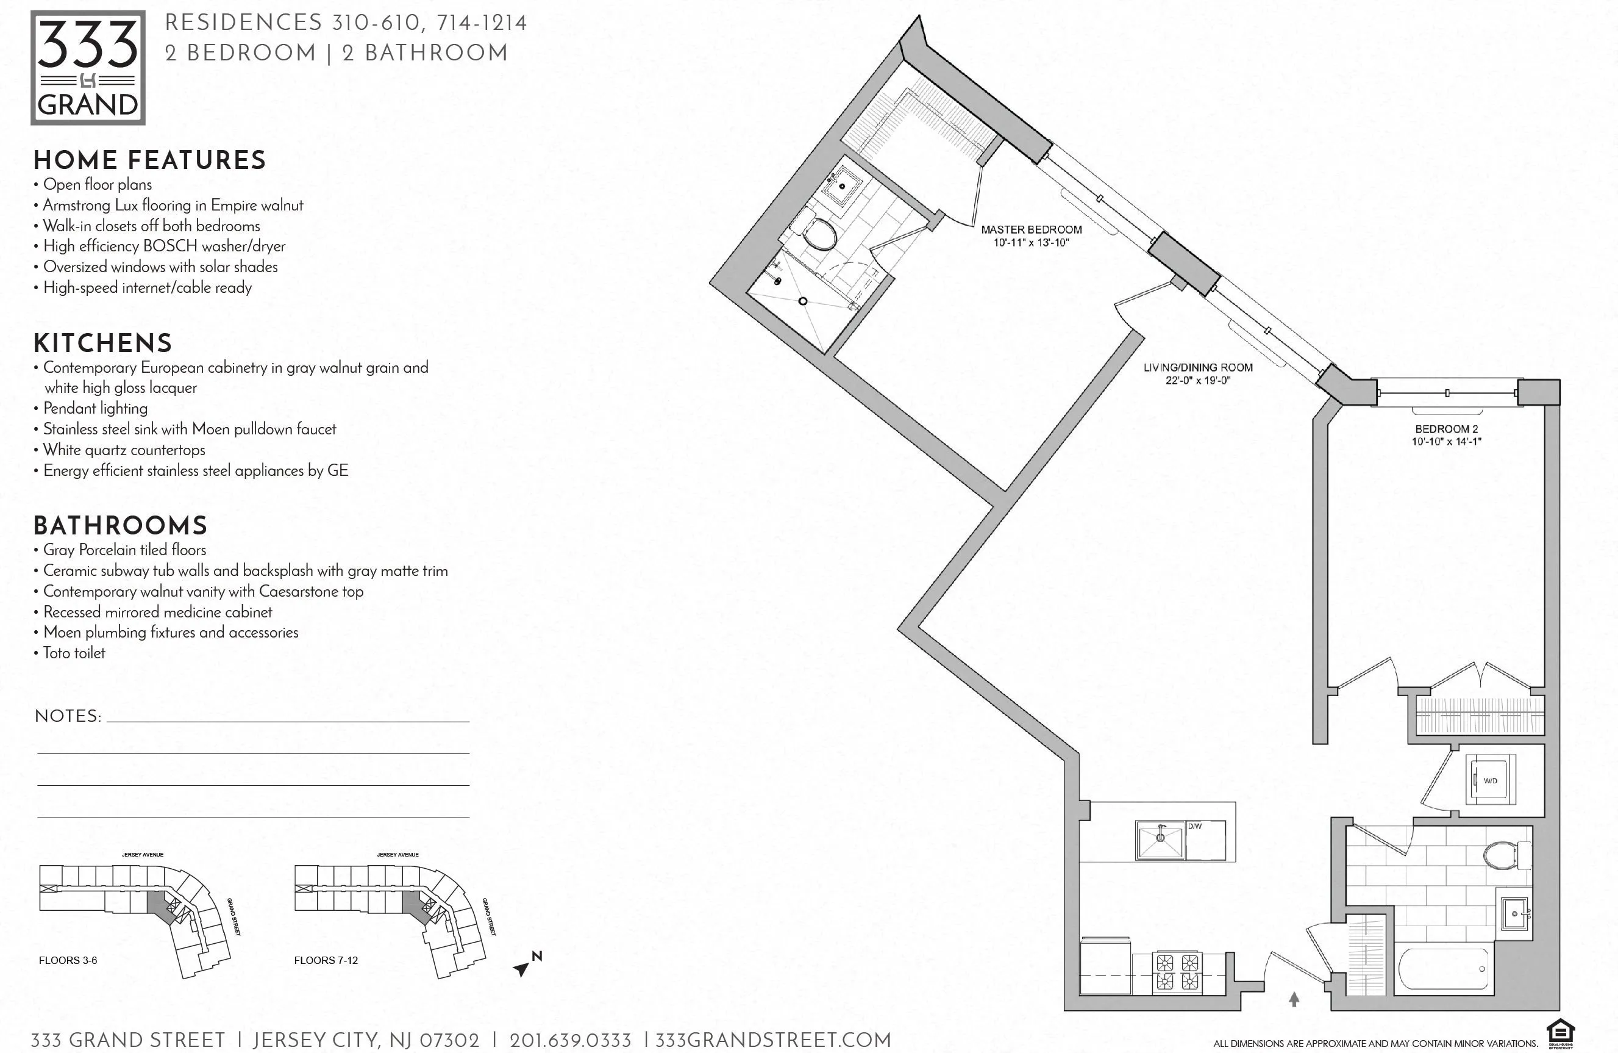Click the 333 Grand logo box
[88, 67]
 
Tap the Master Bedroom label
[1031, 230]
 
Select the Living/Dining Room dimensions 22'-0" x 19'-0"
[1197, 380]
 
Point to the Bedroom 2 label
[1446, 429]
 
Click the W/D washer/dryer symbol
[1490, 780]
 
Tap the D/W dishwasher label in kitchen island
[1194, 826]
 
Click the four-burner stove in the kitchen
[1177, 972]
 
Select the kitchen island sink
[1160, 841]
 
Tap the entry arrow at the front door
[1294, 999]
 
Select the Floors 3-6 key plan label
[68, 960]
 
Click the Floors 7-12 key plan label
[326, 960]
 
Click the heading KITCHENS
[102, 343]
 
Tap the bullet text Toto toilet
[74, 653]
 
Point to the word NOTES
[67, 716]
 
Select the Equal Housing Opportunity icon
[1561, 1035]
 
